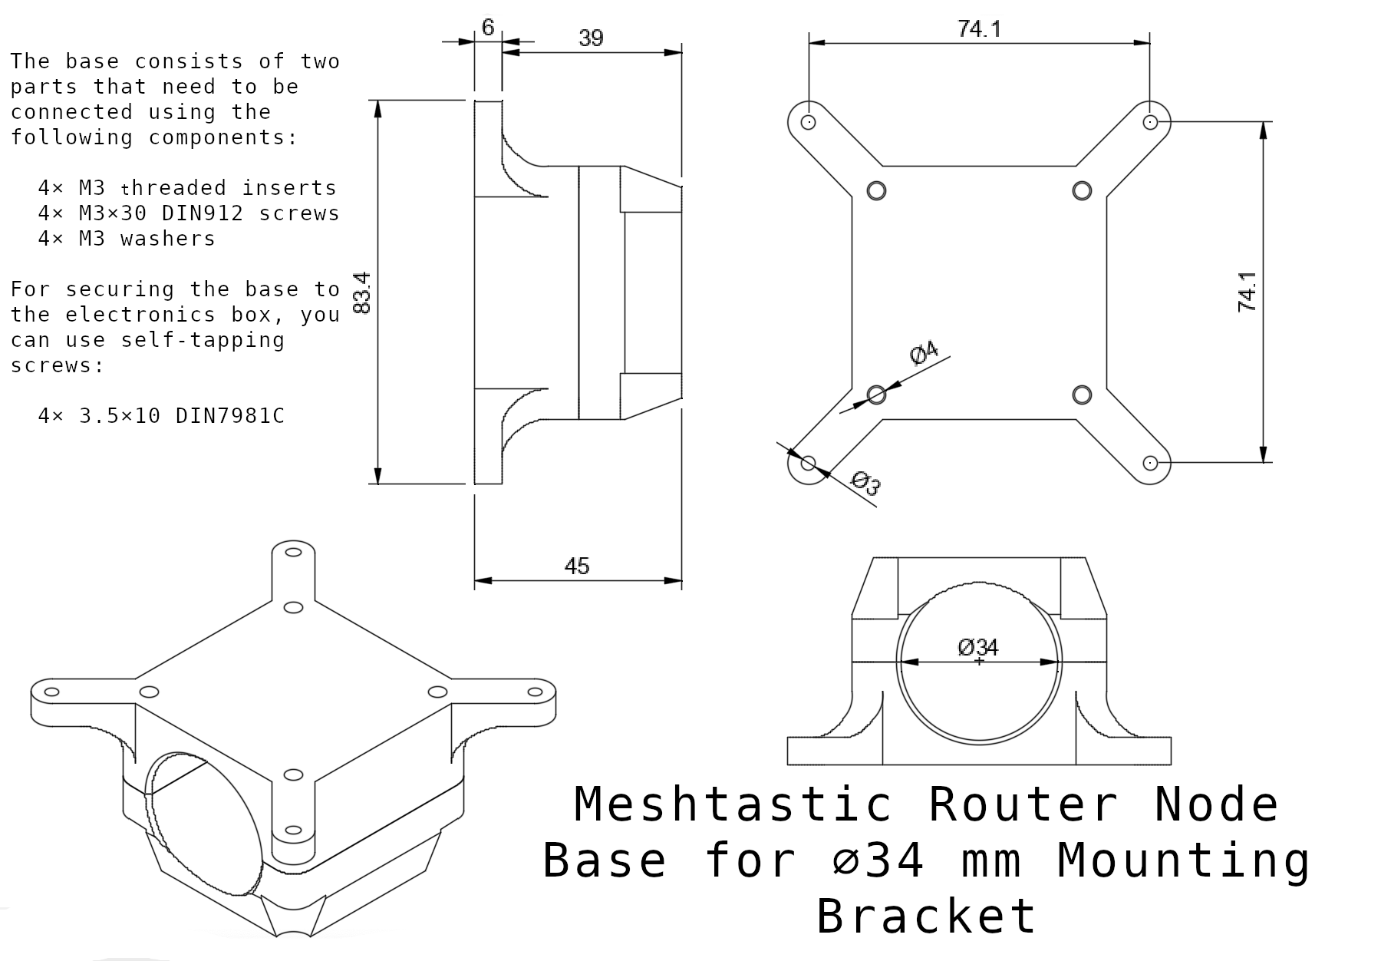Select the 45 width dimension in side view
point(576,566)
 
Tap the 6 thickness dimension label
point(488,28)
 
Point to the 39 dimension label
point(591,38)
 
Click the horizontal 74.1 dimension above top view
point(979,29)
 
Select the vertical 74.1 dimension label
point(1248,292)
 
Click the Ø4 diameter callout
point(924,352)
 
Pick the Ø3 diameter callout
point(866,483)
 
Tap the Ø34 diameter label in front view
point(978,648)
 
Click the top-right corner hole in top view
point(1150,122)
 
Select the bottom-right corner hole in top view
point(1150,463)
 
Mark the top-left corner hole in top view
point(808,122)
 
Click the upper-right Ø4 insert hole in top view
point(1082,190)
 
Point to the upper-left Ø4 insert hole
point(876,190)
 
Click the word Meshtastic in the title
point(733,805)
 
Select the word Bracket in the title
point(926,916)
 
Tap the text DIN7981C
point(229,416)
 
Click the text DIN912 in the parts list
point(202,213)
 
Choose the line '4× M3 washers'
point(127,239)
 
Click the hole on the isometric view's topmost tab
point(293,551)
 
